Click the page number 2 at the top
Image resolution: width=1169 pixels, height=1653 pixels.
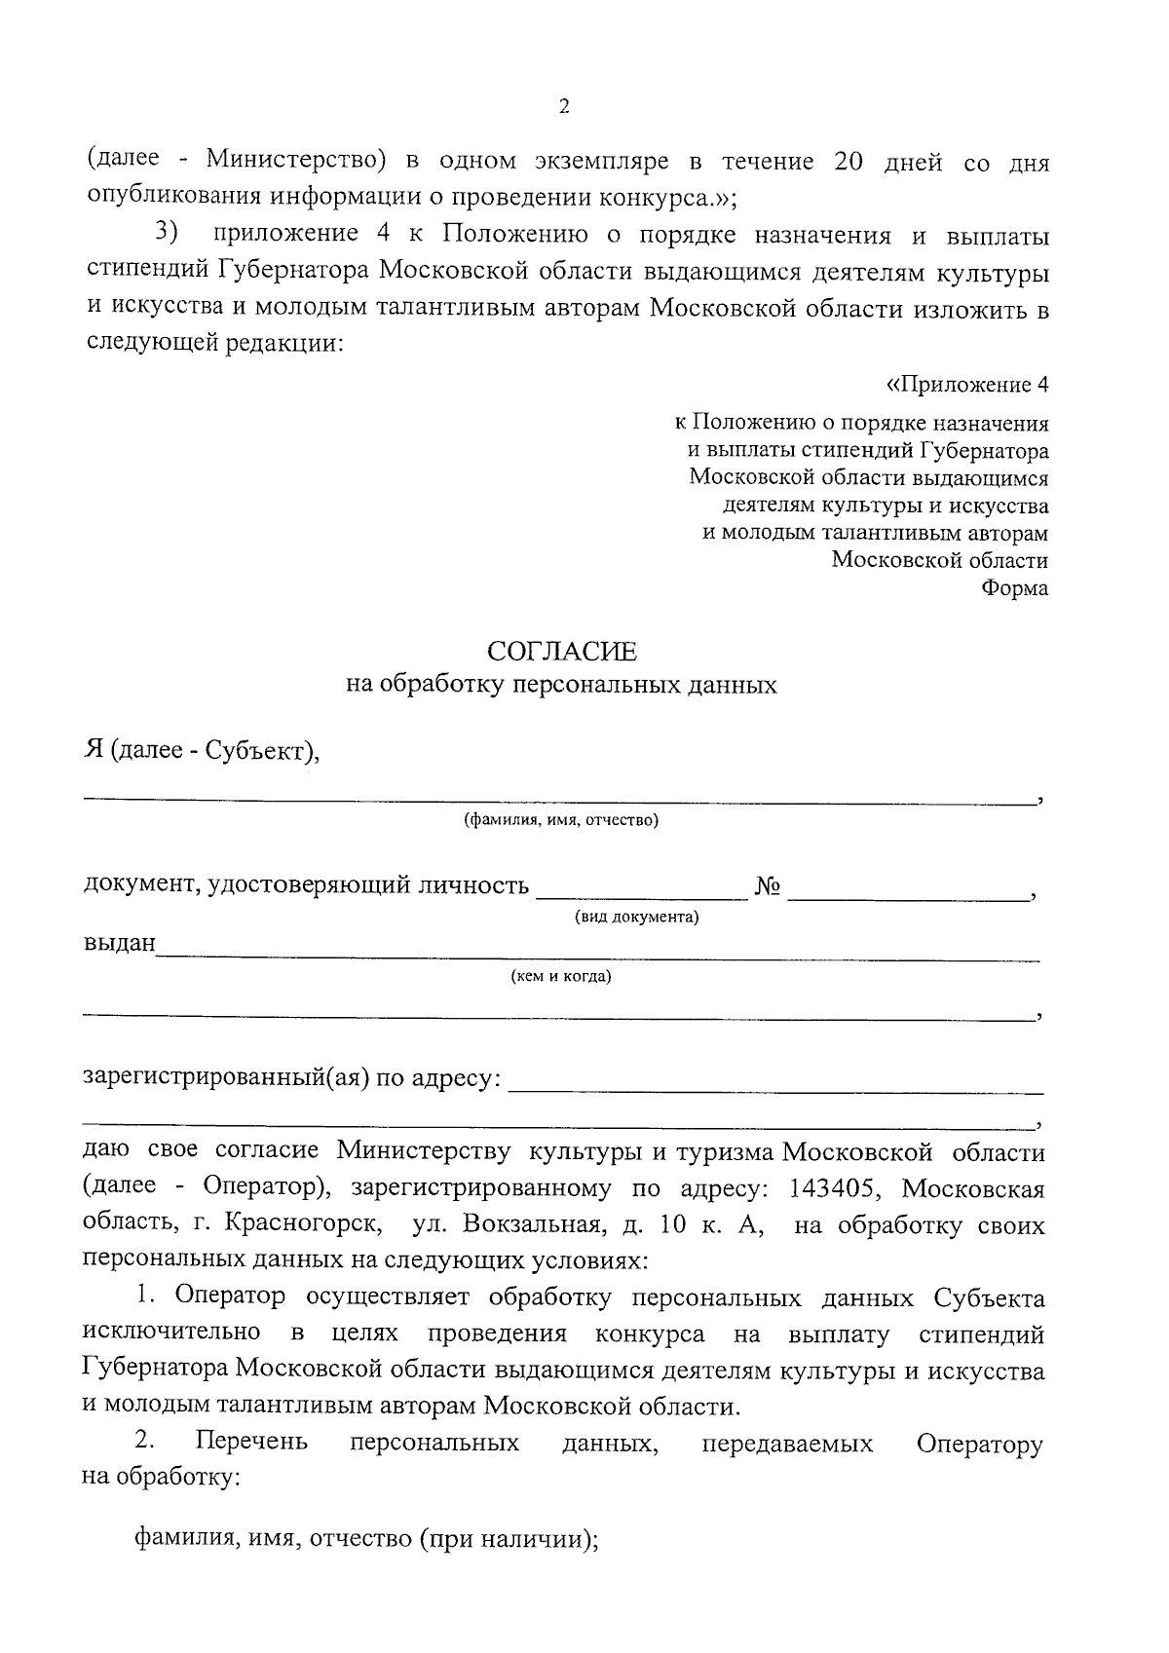564,106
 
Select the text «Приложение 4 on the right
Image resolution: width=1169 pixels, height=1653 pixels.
966,385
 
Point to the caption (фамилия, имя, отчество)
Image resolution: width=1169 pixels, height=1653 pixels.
561,820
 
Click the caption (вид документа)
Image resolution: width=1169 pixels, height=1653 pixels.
637,918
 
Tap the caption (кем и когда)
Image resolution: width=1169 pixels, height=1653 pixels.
561,976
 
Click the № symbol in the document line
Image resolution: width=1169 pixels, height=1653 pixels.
769,886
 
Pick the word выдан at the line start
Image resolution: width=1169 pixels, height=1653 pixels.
120,944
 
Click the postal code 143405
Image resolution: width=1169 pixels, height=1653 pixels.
837,1189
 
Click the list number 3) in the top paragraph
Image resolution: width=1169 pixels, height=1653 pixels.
168,235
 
